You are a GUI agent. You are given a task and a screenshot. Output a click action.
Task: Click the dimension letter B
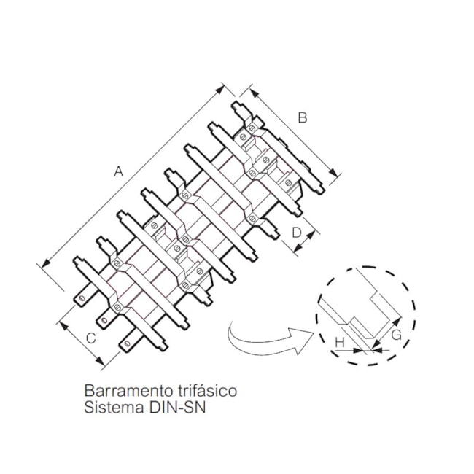click(x=303, y=117)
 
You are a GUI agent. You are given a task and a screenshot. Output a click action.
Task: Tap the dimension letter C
click(x=90, y=338)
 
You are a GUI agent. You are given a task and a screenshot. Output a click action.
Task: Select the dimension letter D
click(x=296, y=233)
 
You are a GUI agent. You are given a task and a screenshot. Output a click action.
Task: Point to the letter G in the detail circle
click(x=396, y=335)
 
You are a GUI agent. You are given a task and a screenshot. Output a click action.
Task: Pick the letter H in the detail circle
click(x=340, y=341)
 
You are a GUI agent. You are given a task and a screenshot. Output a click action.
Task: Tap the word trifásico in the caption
click(x=207, y=391)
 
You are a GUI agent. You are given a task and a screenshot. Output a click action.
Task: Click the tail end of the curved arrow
click(x=232, y=325)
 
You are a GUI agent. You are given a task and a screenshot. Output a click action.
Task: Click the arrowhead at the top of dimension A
click(x=223, y=88)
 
